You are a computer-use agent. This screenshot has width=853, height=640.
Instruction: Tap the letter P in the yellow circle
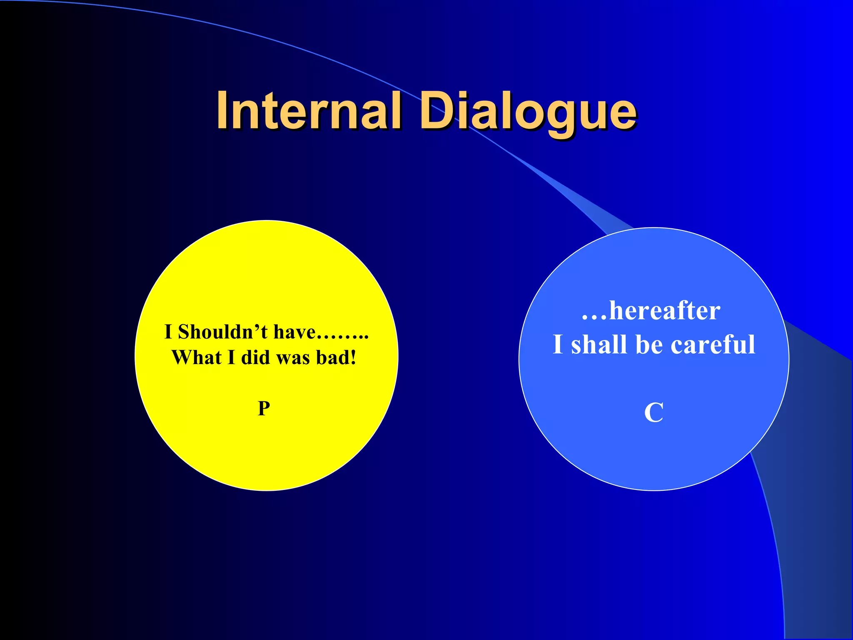tap(264, 408)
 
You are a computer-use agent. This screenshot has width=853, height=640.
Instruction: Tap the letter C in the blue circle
tap(653, 412)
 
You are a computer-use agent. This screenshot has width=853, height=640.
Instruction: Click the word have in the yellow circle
tap(294, 332)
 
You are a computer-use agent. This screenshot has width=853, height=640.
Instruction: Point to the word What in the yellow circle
tap(196, 357)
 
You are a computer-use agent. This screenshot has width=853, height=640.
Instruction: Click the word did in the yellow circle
tap(256, 357)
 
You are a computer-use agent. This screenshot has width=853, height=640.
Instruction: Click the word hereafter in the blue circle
tap(665, 311)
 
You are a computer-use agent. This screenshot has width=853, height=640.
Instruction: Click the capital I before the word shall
tap(558, 345)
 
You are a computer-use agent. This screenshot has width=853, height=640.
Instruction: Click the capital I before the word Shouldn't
tap(168, 332)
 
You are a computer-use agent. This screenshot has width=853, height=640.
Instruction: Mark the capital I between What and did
tap(231, 357)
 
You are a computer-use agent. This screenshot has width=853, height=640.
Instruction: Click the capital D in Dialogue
tap(437, 111)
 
